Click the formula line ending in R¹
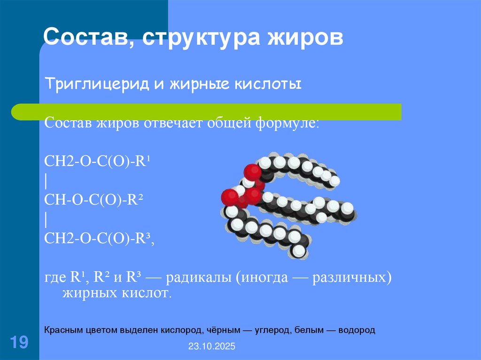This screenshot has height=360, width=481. (100, 162)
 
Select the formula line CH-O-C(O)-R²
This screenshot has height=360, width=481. (94, 200)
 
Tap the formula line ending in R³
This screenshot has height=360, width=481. (100, 238)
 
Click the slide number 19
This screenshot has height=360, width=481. (19, 342)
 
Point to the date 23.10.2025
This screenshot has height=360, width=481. (211, 347)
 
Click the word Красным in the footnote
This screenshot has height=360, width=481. (64, 330)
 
